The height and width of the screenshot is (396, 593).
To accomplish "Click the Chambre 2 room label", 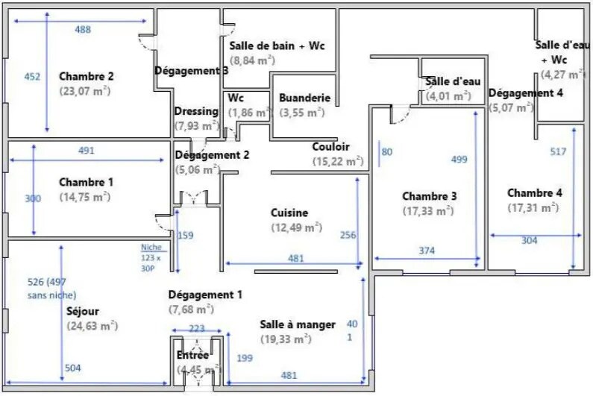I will [86, 76].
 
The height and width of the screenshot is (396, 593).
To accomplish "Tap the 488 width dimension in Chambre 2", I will [83, 29].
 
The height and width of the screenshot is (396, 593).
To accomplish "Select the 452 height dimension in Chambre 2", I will [32, 76].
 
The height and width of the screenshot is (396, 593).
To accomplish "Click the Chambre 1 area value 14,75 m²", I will [84, 197].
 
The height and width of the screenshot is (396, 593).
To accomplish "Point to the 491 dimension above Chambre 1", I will [87, 150].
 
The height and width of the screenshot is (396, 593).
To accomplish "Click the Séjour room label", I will [83, 311].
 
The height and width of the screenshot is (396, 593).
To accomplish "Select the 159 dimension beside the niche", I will [185, 236].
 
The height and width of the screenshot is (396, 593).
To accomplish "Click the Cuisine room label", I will [289, 213].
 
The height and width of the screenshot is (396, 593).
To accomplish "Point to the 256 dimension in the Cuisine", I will [348, 235].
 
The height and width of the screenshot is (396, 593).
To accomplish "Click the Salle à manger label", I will [298, 324].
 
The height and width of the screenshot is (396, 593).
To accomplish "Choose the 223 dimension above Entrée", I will [196, 329].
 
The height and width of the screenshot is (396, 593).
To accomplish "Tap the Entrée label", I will [192, 355].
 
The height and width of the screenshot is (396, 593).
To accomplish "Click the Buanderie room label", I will [304, 98].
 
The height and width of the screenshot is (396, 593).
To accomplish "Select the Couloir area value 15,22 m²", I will [337, 162].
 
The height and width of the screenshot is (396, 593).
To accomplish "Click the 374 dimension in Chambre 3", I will [426, 251].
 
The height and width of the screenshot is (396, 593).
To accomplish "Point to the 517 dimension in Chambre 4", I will [558, 151].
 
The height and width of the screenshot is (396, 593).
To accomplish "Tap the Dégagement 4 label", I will [525, 93].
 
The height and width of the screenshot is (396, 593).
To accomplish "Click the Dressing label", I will [196, 111].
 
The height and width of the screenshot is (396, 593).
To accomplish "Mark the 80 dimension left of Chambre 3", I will [386, 151].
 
